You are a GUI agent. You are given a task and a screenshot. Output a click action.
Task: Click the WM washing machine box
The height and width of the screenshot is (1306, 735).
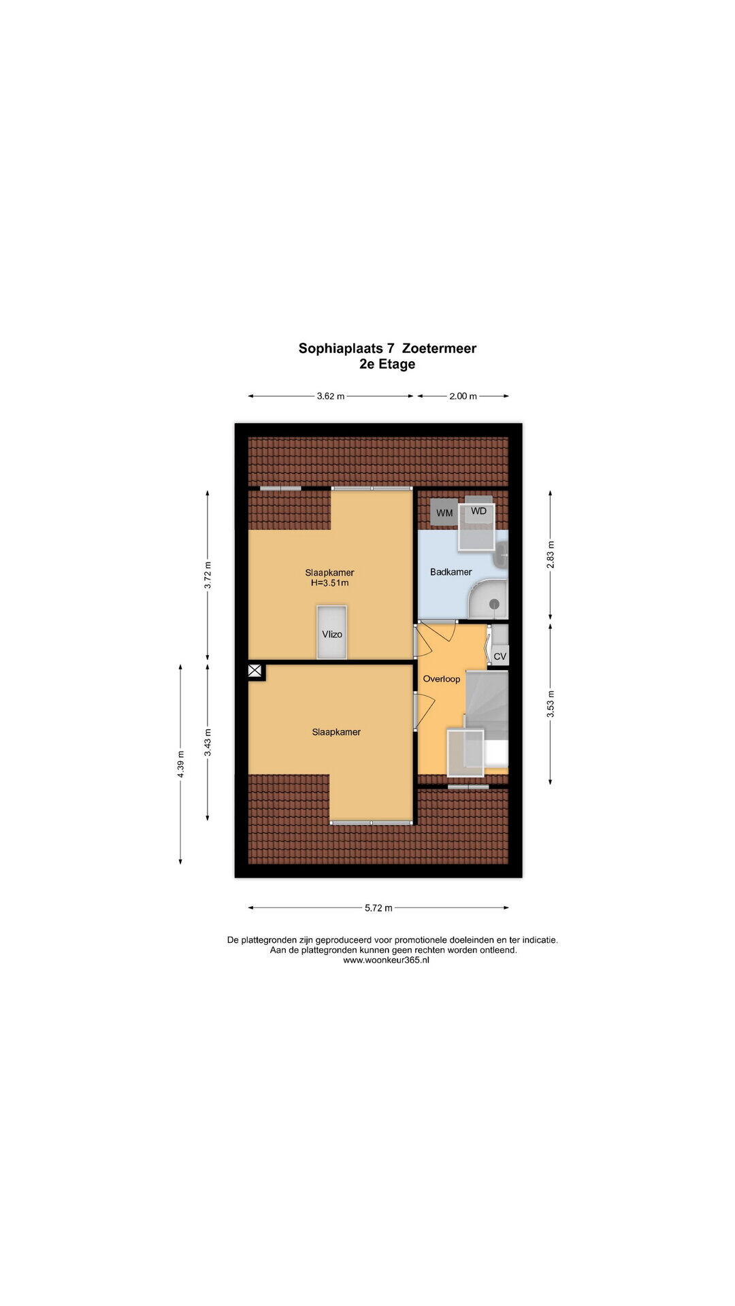click(444, 512)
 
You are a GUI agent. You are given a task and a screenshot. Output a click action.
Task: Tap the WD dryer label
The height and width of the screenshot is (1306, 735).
click(479, 511)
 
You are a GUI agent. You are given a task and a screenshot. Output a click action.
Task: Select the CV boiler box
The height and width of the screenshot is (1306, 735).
click(500, 656)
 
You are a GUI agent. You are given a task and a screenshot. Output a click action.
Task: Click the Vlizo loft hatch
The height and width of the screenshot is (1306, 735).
click(332, 632)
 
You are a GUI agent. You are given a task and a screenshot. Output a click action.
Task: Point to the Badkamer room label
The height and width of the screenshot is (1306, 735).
click(451, 572)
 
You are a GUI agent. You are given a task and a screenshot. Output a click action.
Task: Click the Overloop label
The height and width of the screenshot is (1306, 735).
click(442, 679)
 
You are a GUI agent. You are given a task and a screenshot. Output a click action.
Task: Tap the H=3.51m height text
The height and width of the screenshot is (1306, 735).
click(330, 583)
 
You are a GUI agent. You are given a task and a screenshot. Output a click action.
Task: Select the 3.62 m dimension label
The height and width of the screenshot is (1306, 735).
click(331, 396)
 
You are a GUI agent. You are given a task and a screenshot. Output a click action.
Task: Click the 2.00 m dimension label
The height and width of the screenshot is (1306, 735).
click(463, 396)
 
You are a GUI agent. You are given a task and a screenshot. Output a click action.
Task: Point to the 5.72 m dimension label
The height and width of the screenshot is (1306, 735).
click(378, 907)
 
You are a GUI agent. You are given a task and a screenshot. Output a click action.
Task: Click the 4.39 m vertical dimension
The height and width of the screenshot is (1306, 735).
click(180, 764)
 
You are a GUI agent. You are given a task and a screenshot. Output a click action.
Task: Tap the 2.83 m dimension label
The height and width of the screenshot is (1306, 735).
click(551, 554)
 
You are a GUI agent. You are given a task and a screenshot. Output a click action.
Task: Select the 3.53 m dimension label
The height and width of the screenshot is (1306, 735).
click(551, 703)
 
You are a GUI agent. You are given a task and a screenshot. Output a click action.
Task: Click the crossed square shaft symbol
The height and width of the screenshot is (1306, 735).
click(255, 671)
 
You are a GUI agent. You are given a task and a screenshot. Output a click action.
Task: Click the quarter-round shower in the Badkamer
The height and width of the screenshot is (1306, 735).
click(489, 599)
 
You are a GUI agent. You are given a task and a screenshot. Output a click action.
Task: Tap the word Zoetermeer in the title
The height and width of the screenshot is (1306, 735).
click(439, 348)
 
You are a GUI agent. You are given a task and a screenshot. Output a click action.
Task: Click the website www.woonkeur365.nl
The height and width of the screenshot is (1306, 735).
click(386, 960)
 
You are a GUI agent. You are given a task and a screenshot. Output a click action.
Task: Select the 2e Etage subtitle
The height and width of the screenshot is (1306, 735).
click(387, 364)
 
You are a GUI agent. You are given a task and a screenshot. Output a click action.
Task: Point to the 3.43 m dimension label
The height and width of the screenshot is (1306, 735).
click(208, 742)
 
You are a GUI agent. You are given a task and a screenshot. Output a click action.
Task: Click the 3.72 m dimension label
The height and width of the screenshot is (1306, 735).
click(208, 575)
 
